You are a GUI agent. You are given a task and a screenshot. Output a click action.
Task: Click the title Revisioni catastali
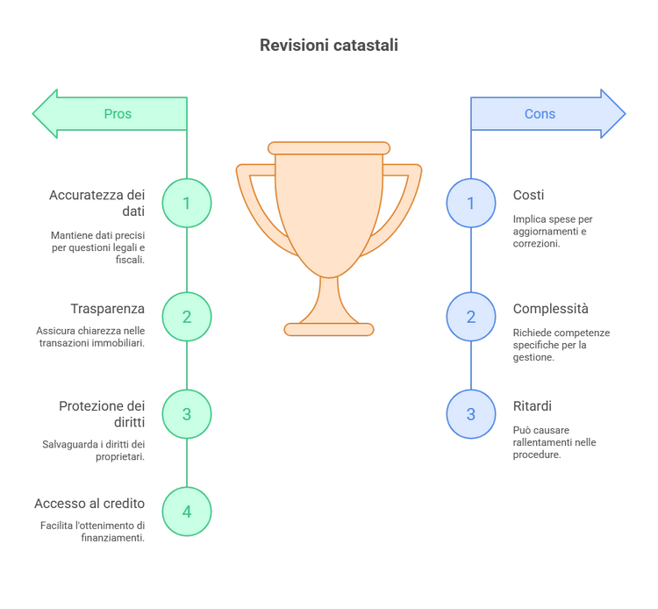[x=329, y=46]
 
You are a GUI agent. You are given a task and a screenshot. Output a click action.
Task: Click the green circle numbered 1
[x=187, y=203]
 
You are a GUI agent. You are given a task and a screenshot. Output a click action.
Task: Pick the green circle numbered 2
[x=187, y=317]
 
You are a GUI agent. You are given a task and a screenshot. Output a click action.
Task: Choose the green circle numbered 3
[x=187, y=414]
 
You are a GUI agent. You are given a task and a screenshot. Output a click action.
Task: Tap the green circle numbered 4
[x=187, y=512]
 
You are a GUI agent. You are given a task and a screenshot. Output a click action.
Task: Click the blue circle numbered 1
[x=471, y=203]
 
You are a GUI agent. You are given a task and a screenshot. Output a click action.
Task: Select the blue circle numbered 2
[x=471, y=317]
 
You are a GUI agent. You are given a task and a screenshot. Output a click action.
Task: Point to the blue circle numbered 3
[x=471, y=414]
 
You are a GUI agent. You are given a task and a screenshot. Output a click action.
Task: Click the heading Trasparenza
[x=107, y=309]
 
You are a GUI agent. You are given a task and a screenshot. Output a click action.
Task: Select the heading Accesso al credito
[x=89, y=504]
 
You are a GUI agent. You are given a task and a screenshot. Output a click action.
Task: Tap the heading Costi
[x=528, y=195]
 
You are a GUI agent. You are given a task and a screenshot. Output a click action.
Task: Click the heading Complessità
[x=551, y=309]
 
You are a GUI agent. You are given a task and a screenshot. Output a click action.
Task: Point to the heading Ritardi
[x=533, y=406]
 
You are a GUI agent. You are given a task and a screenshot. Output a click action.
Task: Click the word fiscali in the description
[x=130, y=260]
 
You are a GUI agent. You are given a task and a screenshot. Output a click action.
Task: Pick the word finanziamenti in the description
[x=113, y=538]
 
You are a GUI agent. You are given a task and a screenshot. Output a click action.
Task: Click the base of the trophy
[x=329, y=329]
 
